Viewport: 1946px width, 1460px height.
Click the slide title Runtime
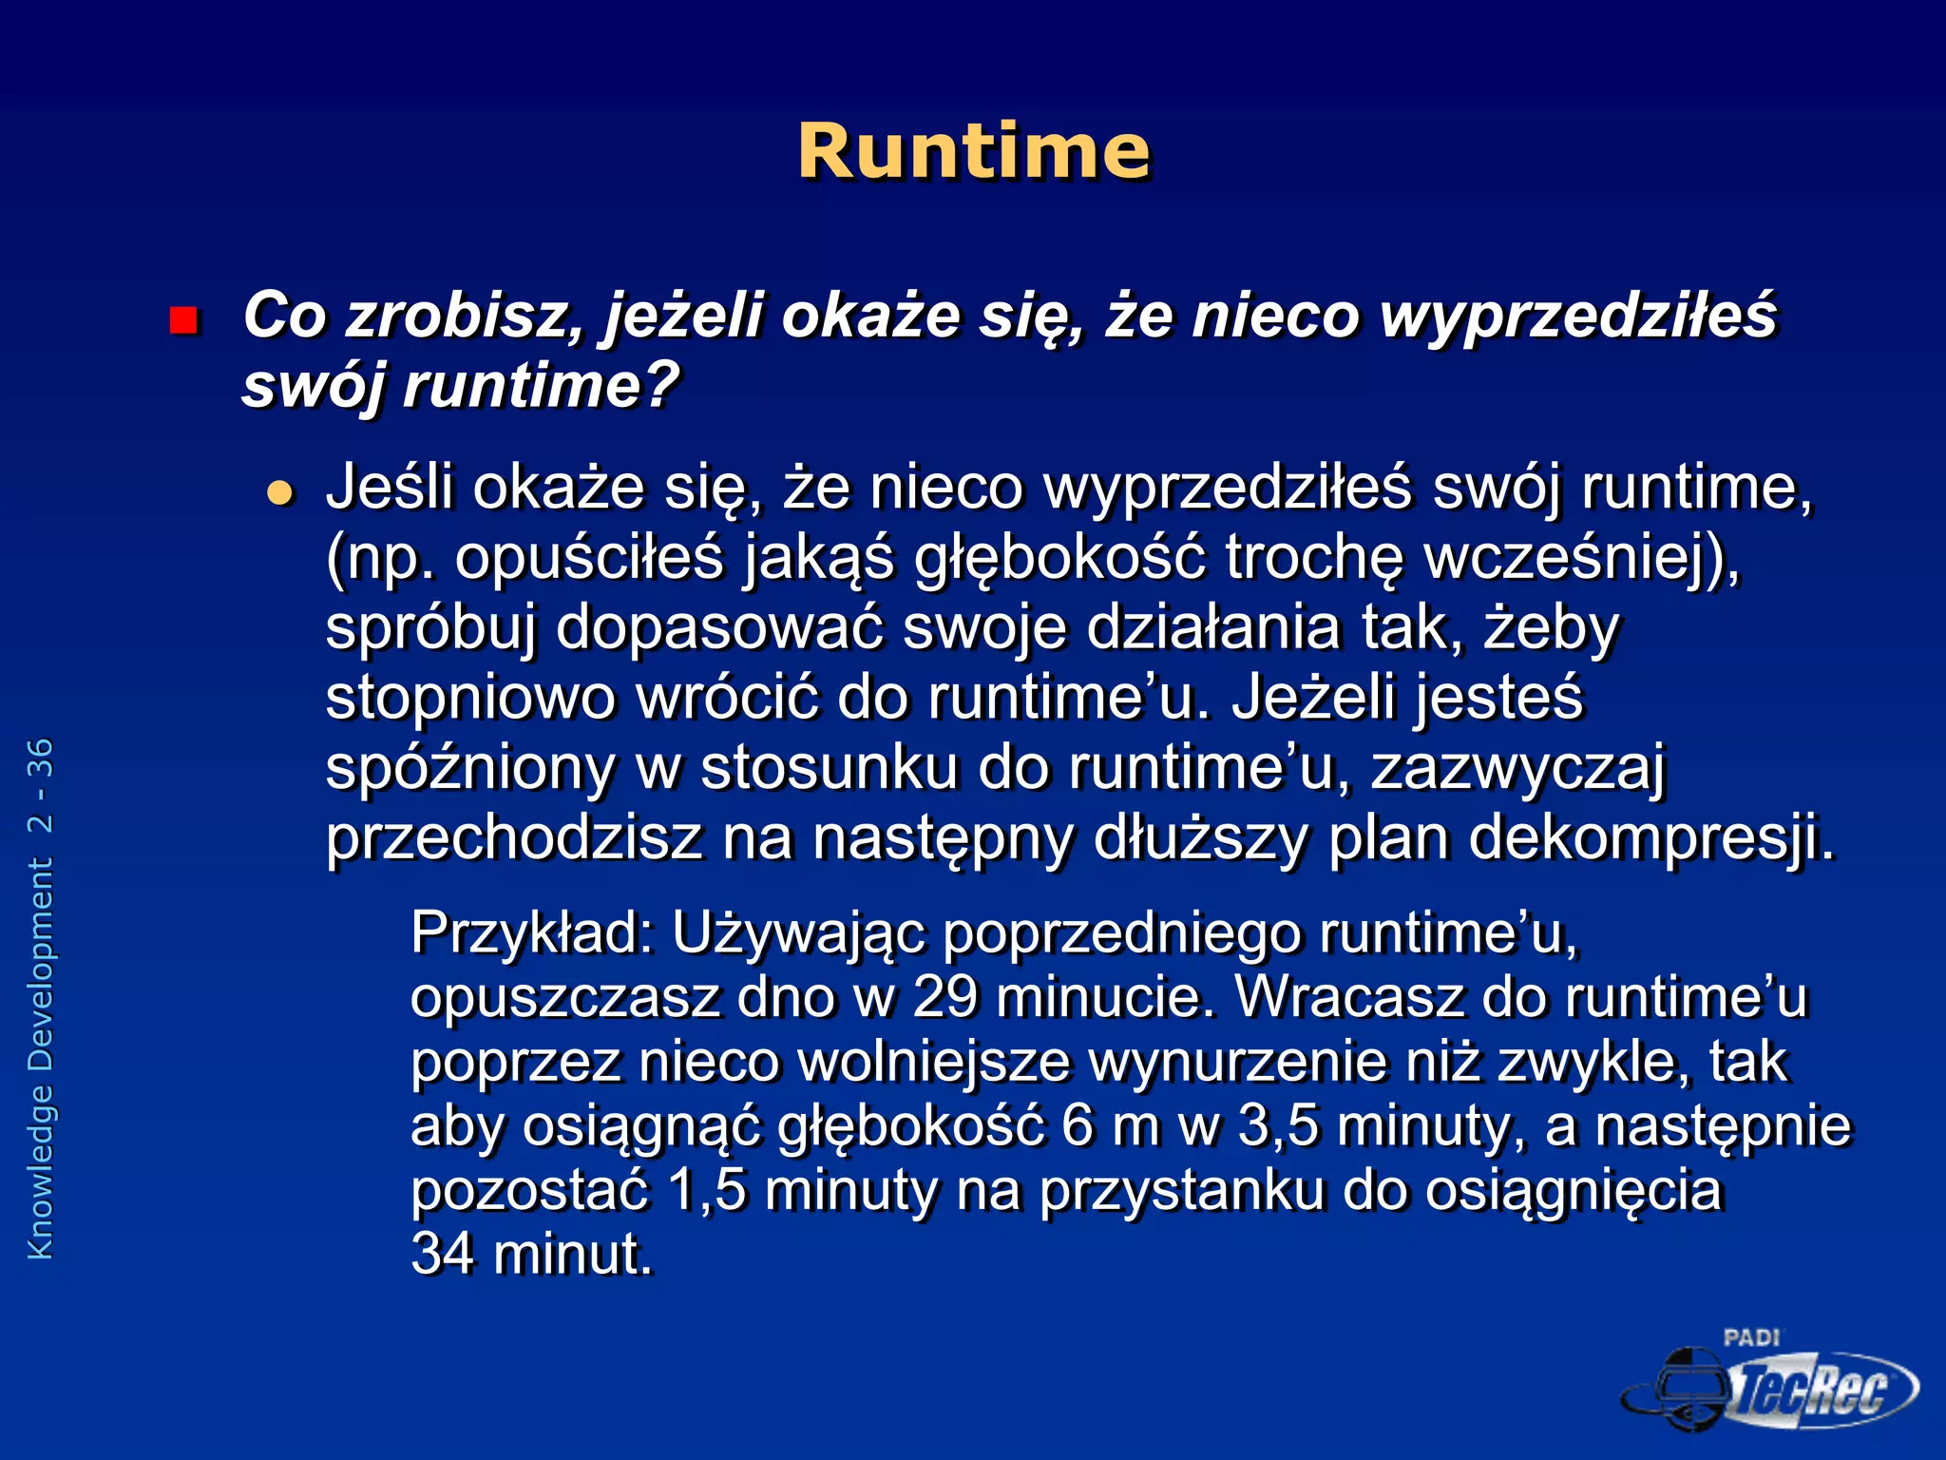[x=973, y=152]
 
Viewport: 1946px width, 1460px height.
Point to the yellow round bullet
[x=280, y=492]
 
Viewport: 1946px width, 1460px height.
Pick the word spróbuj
[x=430, y=628]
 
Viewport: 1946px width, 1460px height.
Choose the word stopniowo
[x=469, y=698]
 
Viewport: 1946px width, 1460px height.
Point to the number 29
[x=945, y=997]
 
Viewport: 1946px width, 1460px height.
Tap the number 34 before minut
[x=442, y=1254]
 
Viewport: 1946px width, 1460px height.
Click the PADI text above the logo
[x=1750, y=1337]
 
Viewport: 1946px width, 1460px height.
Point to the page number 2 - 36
[x=41, y=785]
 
